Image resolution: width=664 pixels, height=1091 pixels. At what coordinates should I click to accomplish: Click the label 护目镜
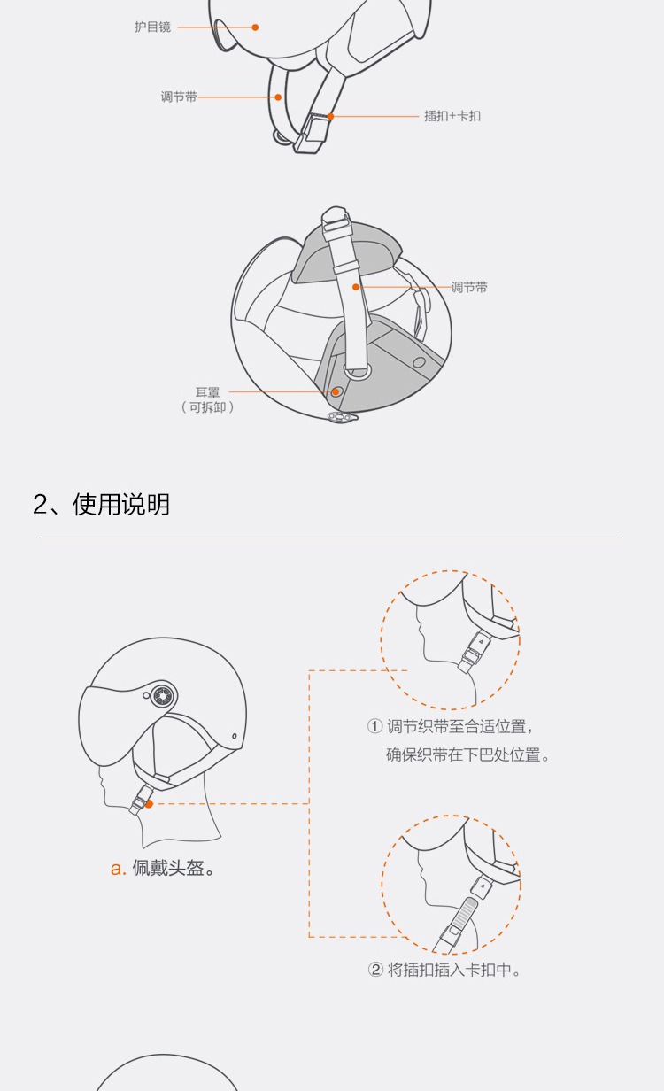pos(152,27)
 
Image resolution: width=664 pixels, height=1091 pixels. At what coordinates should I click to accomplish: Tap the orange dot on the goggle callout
pos(255,27)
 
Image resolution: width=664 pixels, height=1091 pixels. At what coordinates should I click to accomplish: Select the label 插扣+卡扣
pos(452,116)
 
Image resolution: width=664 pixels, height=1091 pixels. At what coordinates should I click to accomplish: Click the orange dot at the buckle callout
pos(330,116)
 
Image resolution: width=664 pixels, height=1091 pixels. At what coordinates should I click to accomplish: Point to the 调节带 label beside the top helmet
pos(179,97)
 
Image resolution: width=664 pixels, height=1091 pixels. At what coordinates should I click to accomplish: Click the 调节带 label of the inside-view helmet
pos(469,287)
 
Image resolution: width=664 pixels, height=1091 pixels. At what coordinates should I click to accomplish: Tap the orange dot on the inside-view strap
pos(356,287)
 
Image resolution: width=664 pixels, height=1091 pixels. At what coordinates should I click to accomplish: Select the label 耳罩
pos(207,392)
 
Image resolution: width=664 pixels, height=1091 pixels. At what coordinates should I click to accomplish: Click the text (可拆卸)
pos(207,407)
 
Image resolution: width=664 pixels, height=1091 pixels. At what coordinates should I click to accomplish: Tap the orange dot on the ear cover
pos(336,391)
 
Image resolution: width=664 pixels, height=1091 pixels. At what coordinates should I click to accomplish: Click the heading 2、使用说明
pos(101,504)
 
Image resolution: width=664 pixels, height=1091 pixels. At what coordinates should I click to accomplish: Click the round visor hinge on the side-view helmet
pos(163,696)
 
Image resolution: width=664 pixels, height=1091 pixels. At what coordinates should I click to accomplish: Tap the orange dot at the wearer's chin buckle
pos(149,804)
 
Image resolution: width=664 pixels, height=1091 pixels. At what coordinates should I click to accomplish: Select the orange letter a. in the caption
pos(119,869)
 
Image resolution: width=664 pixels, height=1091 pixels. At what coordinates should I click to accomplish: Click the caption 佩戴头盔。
pos(174,868)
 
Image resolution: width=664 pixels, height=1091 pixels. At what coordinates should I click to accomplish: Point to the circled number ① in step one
pos(374,726)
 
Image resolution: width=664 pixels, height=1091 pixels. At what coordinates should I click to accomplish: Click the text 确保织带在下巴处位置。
pos(467,754)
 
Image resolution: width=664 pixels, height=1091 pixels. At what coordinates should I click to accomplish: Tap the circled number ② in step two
pos(375,970)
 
